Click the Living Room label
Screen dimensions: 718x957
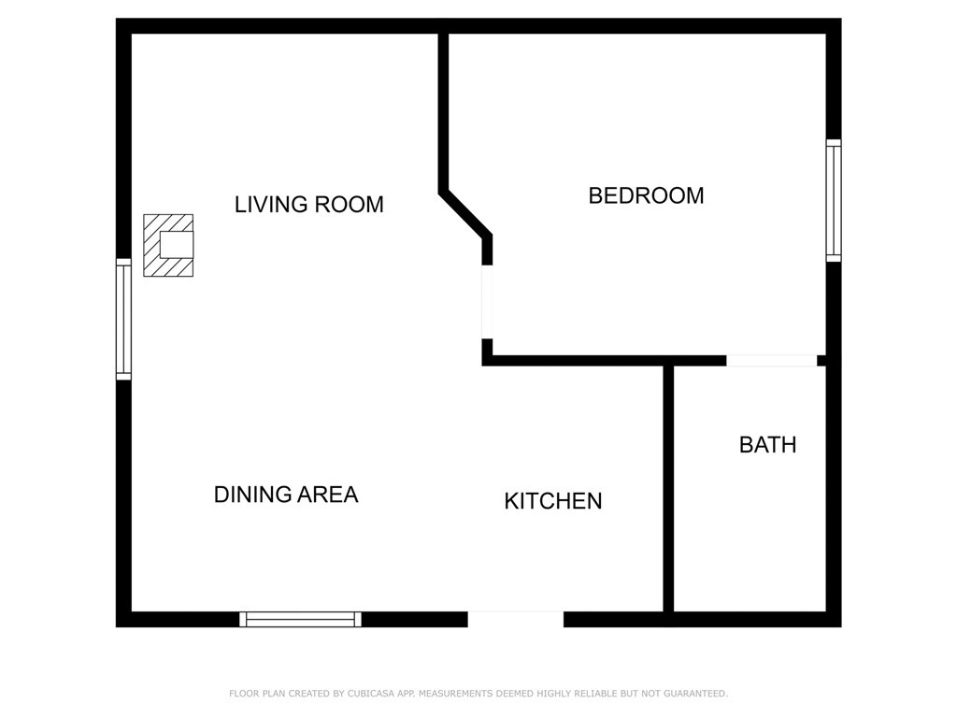pyautogui.click(x=308, y=204)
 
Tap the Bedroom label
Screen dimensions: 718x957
pyautogui.click(x=646, y=195)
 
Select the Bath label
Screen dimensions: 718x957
pyautogui.click(x=767, y=445)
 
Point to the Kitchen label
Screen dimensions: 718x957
pyautogui.click(x=552, y=501)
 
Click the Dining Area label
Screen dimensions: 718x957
pyautogui.click(x=286, y=495)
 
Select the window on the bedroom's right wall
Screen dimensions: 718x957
pyautogui.click(x=833, y=200)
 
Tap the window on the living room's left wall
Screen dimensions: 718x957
pyautogui.click(x=123, y=319)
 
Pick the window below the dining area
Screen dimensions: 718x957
pyautogui.click(x=300, y=619)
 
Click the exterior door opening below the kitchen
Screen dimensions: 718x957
pyautogui.click(x=515, y=619)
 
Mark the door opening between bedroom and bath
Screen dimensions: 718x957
pyautogui.click(x=771, y=361)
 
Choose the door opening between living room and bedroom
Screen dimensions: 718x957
pyautogui.click(x=487, y=302)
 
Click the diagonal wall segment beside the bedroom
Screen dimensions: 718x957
pyautogui.click(x=465, y=214)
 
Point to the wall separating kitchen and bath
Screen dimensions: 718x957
pyautogui.click(x=668, y=486)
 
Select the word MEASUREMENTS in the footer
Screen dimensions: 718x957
pyautogui.click(x=456, y=694)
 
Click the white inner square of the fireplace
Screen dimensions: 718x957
pyautogui.click(x=176, y=245)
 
